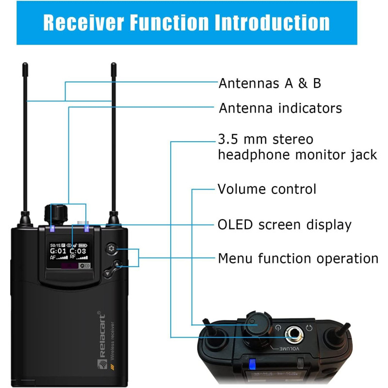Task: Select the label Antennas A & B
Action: (x=270, y=83)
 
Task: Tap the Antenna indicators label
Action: (x=280, y=108)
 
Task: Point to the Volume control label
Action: (x=267, y=189)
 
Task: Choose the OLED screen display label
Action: (x=284, y=225)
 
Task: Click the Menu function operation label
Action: (x=298, y=258)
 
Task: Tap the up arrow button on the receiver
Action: (x=118, y=265)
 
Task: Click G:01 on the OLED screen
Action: (x=59, y=251)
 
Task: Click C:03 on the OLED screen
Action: (x=78, y=251)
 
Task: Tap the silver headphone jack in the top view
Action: (x=293, y=333)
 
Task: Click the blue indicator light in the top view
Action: (x=252, y=364)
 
